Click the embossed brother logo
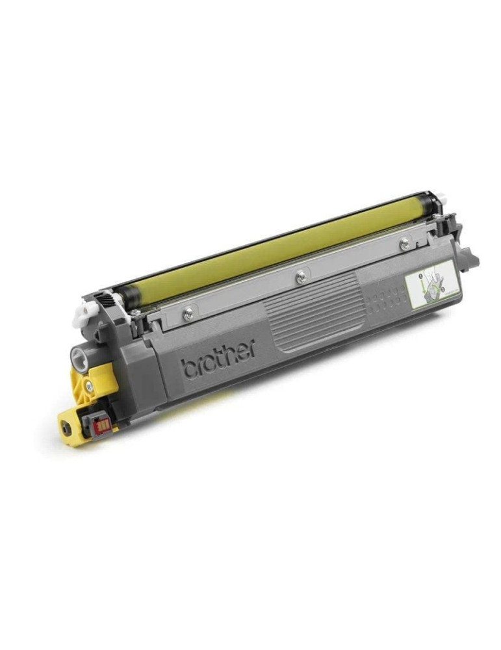[218, 359]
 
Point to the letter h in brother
[233, 354]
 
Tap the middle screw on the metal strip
[300, 276]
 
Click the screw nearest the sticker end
[405, 243]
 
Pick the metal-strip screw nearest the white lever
[188, 313]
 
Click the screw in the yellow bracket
[89, 386]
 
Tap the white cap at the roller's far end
[442, 197]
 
